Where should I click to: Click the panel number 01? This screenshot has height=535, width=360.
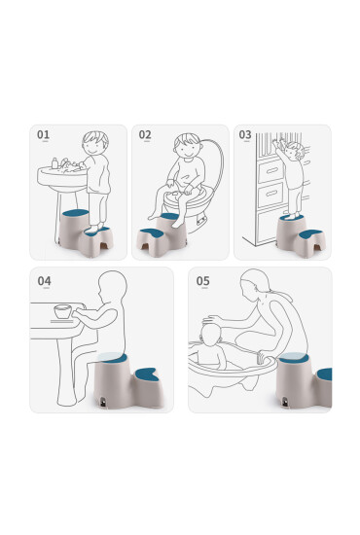[44, 134]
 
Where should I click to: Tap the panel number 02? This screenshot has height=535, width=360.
[145, 134]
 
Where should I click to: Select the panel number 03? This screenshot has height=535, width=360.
[245, 134]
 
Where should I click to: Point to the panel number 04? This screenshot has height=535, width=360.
[45, 281]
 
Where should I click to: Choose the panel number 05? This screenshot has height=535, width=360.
[203, 281]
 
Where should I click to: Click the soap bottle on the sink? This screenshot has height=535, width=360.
[54, 163]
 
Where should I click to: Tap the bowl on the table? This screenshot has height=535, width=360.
[63, 311]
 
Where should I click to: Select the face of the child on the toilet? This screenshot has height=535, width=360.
[187, 149]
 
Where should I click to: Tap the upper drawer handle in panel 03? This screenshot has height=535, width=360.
[271, 170]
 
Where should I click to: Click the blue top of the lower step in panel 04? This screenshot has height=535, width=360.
[148, 374]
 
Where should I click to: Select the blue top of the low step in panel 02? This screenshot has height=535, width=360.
[152, 232]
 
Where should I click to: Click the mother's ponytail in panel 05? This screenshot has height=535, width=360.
[280, 295]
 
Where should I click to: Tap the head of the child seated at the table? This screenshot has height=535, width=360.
[112, 287]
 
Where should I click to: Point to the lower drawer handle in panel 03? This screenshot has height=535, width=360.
[271, 194]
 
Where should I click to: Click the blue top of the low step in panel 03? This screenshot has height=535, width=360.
[309, 234]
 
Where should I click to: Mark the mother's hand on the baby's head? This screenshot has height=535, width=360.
[211, 319]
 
